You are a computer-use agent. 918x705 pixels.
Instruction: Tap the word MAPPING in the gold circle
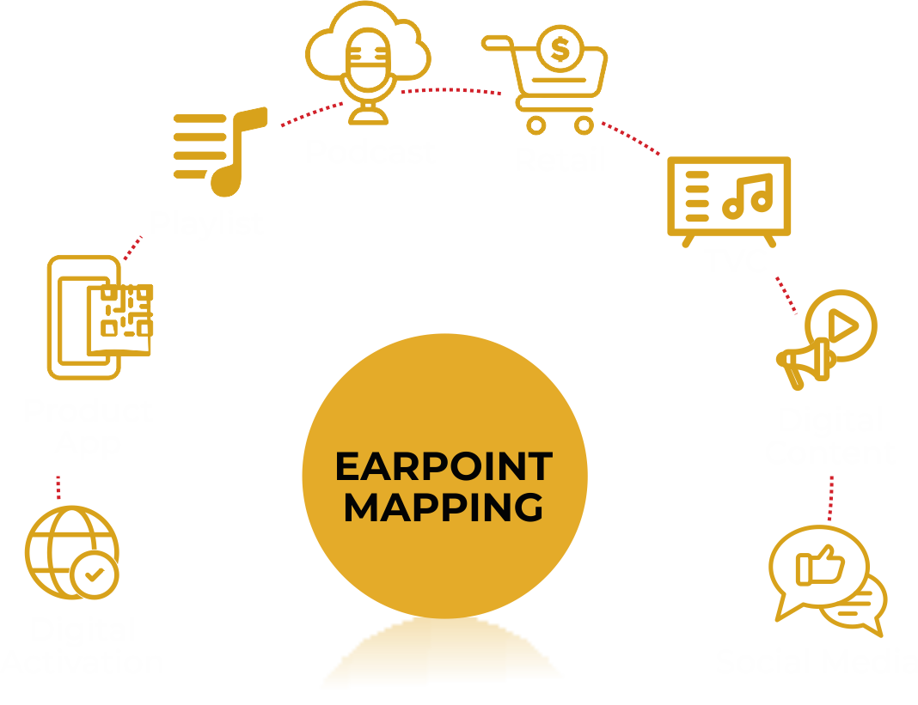[444, 507]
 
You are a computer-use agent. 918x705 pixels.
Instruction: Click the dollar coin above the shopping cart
[560, 52]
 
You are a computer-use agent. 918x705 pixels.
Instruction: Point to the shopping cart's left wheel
[536, 125]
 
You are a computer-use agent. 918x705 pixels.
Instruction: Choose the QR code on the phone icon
[125, 310]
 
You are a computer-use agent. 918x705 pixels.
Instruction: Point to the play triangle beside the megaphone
[843, 325]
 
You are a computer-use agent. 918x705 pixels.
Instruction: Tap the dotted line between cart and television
[632, 140]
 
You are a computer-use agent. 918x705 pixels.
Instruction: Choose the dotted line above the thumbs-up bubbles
[831, 496]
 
